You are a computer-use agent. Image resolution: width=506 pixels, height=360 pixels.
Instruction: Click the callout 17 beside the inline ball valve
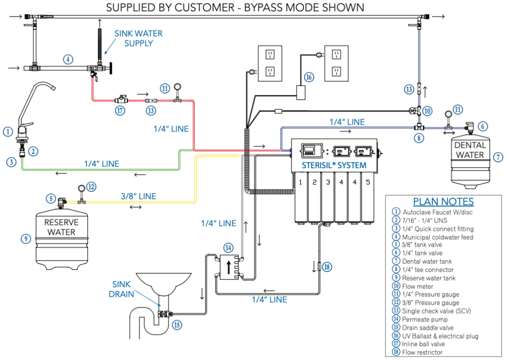click(x=120, y=111)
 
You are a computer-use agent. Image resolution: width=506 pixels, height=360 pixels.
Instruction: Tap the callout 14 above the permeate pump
click(x=228, y=247)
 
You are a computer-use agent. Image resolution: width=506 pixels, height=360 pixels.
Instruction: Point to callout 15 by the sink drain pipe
click(x=177, y=324)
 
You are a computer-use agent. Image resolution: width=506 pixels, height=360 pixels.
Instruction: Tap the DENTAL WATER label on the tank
click(x=469, y=150)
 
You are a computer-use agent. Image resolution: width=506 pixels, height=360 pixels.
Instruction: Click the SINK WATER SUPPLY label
click(x=138, y=38)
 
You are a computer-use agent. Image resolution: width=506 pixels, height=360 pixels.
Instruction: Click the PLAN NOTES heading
click(x=443, y=202)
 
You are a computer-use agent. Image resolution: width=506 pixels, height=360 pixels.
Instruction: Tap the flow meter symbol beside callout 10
click(x=414, y=110)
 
